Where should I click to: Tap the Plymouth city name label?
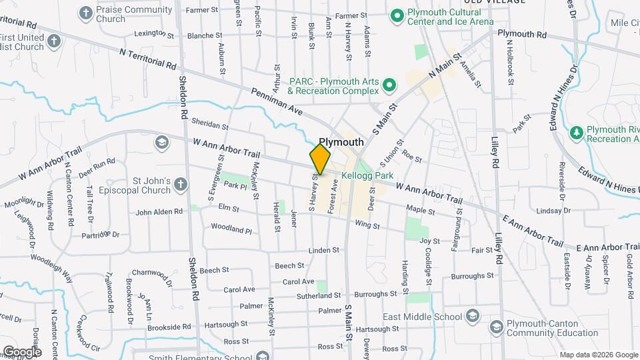point(341,142)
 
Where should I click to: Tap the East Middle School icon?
point(473,316)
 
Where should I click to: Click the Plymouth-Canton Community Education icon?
point(496,327)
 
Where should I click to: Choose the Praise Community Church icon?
point(85,13)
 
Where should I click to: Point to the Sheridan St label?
point(209,125)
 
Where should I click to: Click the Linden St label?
point(324,251)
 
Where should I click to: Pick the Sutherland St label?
point(319,295)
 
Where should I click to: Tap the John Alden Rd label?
point(159,212)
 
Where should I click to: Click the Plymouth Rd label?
point(522,33)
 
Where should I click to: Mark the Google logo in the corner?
point(21,352)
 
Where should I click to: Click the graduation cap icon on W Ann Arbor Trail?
point(161,143)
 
